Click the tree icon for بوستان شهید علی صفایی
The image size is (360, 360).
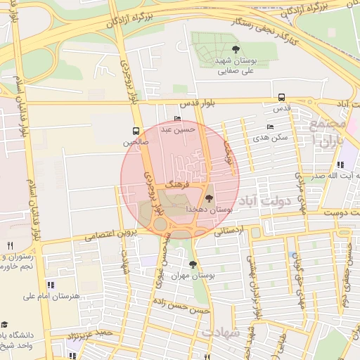[x=235, y=49]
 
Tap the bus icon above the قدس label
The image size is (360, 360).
[x=282, y=98]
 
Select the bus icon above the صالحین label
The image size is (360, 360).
[x=136, y=131]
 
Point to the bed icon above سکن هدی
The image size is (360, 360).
[x=271, y=127]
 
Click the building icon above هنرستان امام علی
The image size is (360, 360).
[x=50, y=285]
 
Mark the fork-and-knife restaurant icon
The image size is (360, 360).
[x=9, y=245]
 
